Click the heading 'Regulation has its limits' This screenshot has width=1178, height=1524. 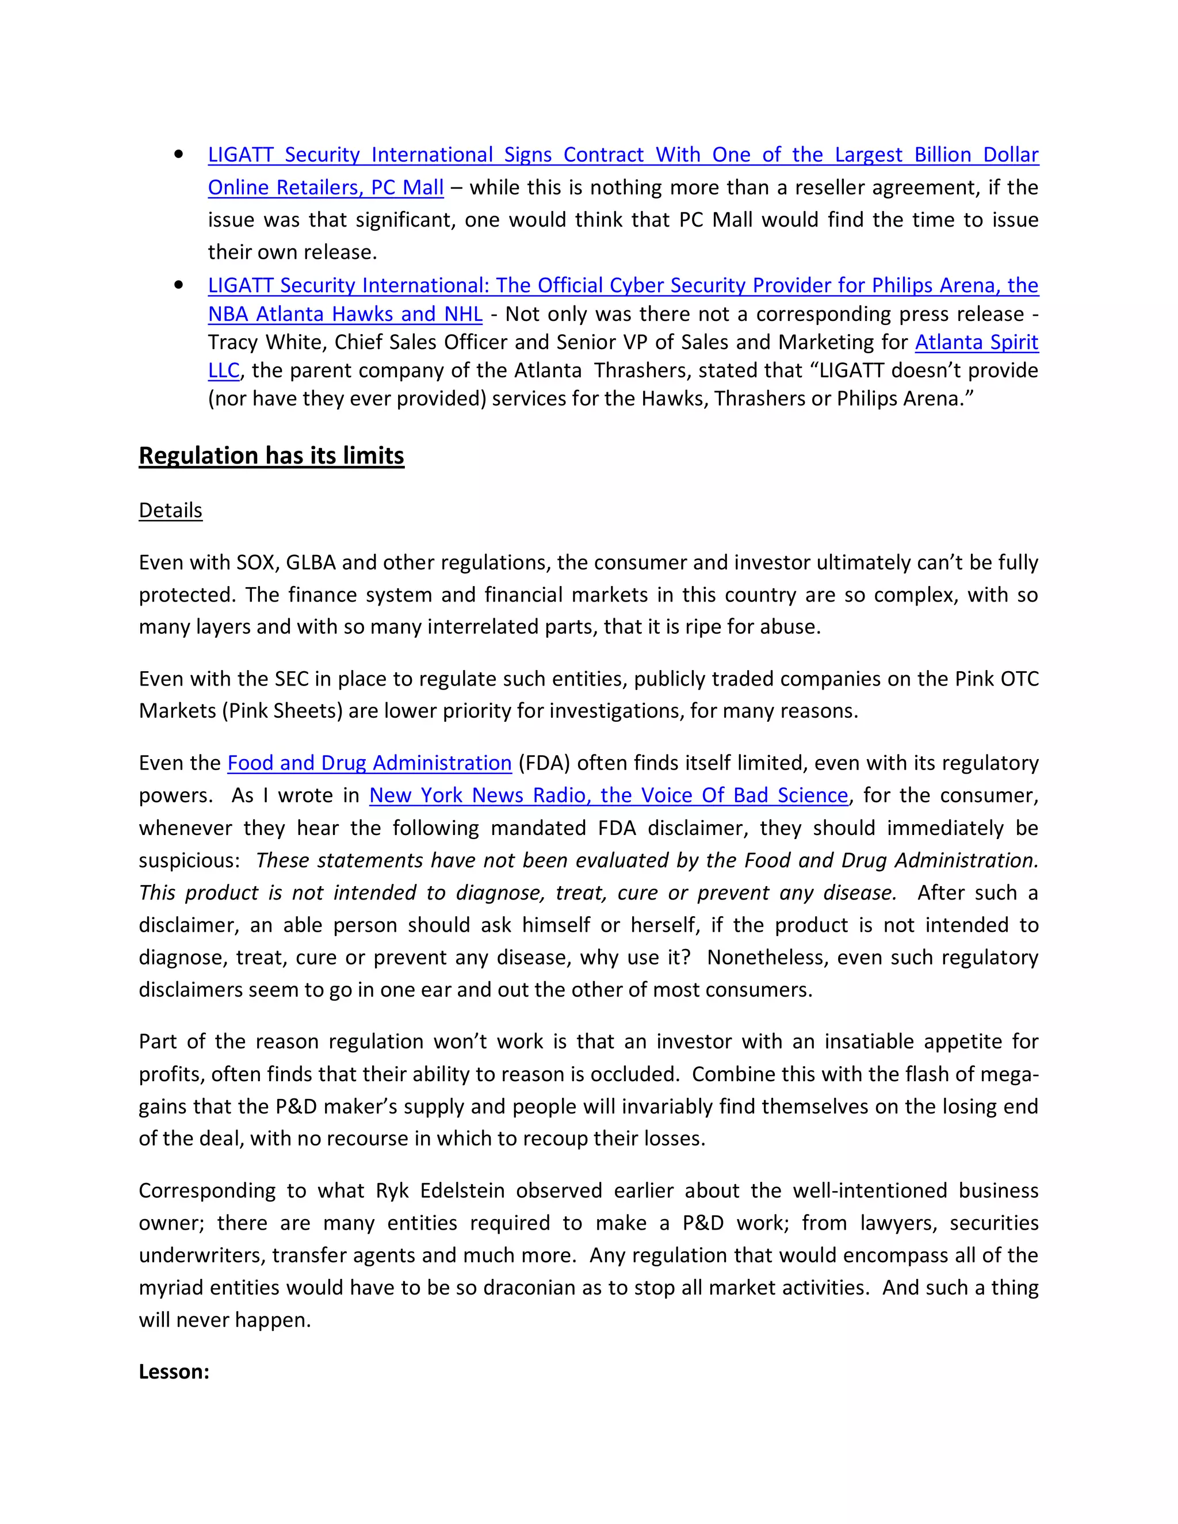tap(271, 455)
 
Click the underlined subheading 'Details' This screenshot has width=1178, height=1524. tap(170, 510)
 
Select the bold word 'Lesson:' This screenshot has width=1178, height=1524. tap(174, 1371)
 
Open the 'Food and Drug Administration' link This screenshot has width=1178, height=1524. tap(369, 763)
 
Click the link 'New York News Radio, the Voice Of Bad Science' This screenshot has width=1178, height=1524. tap(608, 795)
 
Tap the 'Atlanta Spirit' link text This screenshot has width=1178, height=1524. tap(976, 342)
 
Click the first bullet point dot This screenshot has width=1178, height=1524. tap(179, 154)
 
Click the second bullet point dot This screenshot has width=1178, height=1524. tap(179, 285)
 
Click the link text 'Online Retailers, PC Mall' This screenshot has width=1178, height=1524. tap(325, 187)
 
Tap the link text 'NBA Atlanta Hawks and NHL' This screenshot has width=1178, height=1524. tap(345, 314)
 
